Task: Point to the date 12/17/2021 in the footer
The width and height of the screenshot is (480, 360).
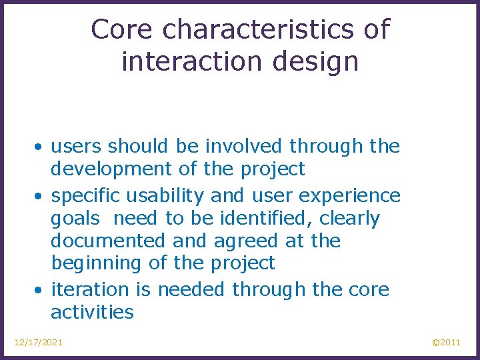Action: point(39,342)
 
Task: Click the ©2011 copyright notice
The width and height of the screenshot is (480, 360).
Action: point(446,342)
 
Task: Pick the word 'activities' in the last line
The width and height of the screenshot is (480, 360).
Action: point(92,312)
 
